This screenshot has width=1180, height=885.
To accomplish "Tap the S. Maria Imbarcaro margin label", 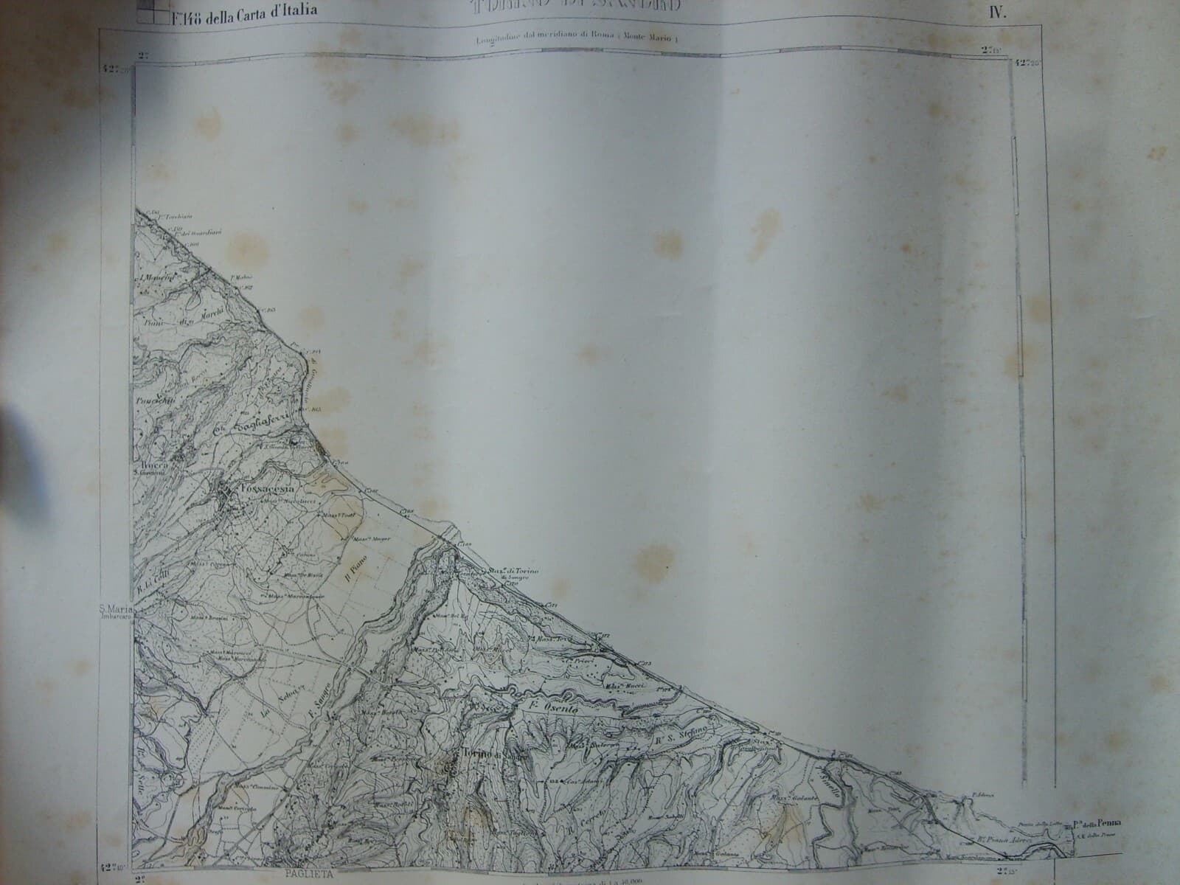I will point(117,613).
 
